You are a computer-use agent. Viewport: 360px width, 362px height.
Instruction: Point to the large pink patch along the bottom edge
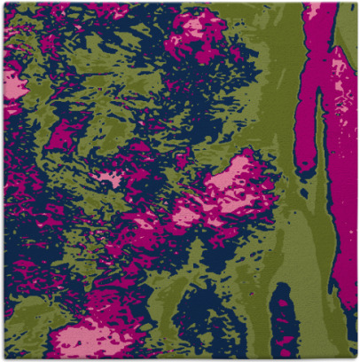point(89,342)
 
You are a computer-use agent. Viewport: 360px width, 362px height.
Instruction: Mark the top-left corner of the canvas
point(2,2)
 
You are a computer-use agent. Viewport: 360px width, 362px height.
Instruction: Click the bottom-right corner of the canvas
point(357,359)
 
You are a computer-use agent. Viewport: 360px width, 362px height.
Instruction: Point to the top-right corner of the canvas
point(357,2)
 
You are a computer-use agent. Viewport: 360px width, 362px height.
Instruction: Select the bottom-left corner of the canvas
point(2,359)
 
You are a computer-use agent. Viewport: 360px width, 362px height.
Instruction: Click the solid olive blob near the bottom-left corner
point(27,311)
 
